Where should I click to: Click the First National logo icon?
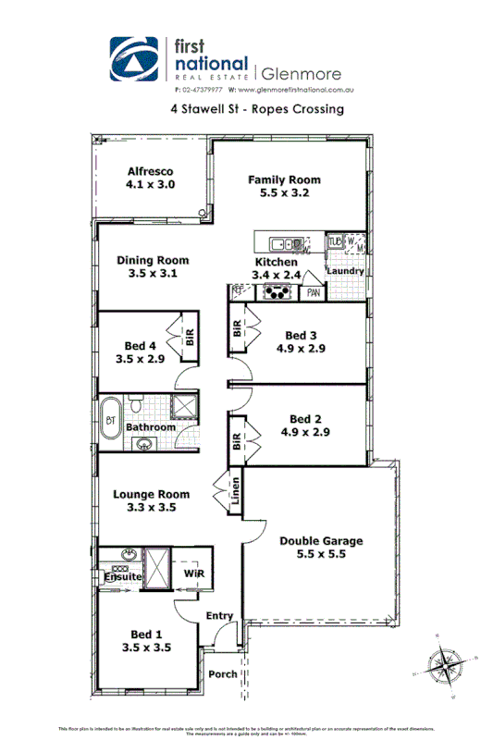click(136, 59)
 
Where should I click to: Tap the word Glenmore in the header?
click(302, 73)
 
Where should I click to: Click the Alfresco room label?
click(150, 171)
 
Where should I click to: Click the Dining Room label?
click(153, 260)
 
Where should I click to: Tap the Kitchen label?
click(276, 262)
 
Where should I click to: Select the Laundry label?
click(345, 271)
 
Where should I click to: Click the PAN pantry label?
click(314, 292)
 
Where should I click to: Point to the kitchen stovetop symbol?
click(276, 292)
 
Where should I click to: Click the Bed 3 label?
click(302, 335)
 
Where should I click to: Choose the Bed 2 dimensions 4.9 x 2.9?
click(302, 432)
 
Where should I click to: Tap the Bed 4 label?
click(141, 346)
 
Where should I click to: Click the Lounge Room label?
click(151, 494)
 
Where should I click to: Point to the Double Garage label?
click(321, 541)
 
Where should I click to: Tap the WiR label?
click(193, 574)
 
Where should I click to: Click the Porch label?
click(222, 673)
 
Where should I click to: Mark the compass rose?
click(450, 662)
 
